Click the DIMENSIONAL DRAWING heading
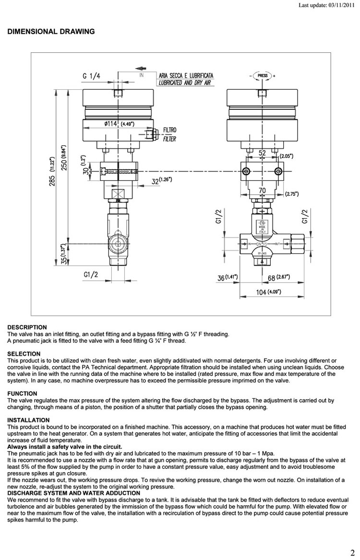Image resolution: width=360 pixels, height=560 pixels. [51, 32]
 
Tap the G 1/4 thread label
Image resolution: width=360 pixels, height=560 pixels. [92, 76]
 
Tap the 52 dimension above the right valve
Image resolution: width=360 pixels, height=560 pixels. [262, 153]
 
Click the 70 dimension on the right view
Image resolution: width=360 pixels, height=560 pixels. [262, 191]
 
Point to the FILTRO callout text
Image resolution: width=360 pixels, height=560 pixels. [170, 130]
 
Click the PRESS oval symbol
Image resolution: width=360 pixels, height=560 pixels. [263, 76]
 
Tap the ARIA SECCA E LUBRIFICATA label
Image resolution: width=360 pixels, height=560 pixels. [186, 76]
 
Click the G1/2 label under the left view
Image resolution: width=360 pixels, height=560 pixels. [91, 274]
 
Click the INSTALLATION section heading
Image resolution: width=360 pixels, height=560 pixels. [28, 420]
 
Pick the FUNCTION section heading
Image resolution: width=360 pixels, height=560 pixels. [22, 393]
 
